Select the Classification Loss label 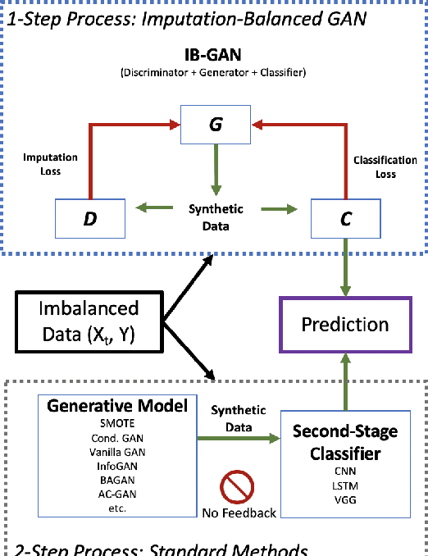coord(385,167)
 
